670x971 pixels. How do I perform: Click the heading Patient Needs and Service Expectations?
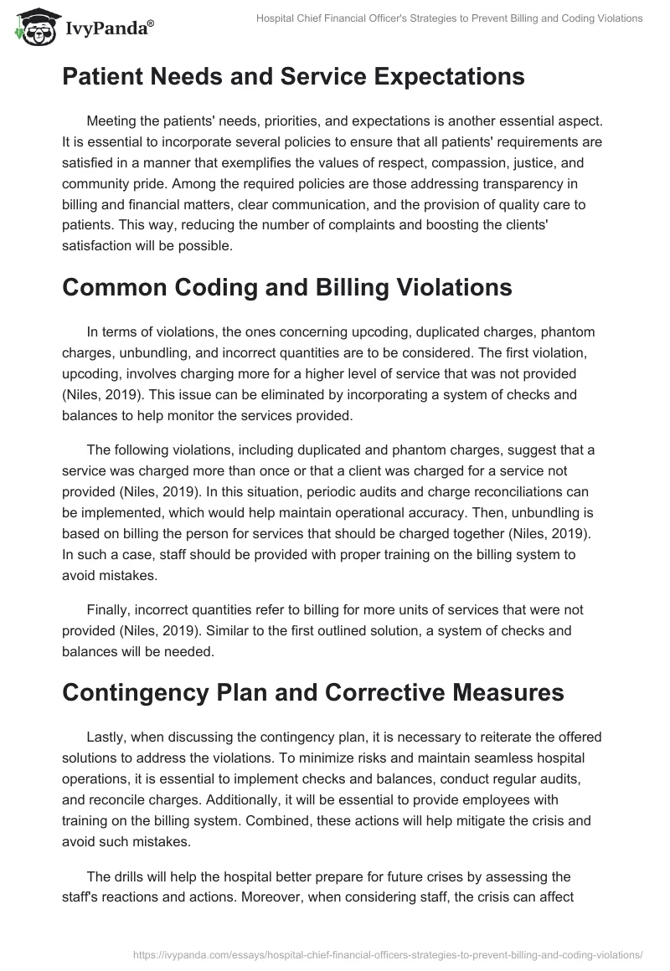point(292,77)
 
